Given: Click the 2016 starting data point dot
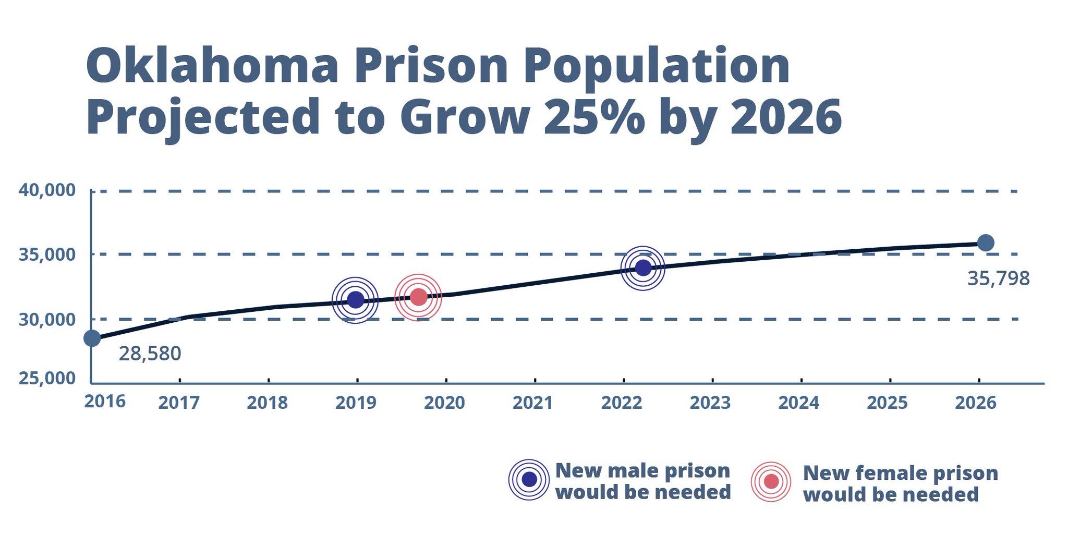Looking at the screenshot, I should [92, 338].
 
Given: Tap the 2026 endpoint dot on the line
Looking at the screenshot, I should [985, 242].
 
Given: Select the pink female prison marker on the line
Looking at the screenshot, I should [418, 297].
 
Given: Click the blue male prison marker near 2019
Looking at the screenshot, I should [355, 300].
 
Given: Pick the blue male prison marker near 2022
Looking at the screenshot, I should [643, 268].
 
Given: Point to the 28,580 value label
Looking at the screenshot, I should [150, 354].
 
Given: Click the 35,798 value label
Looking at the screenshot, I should [998, 278].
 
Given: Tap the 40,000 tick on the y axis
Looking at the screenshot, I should [47, 190].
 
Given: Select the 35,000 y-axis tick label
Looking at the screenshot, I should [47, 254].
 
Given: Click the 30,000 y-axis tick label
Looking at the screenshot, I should [47, 319].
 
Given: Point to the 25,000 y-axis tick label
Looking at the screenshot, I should [47, 378].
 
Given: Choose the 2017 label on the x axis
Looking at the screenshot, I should [179, 403].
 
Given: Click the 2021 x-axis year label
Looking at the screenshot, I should [533, 403].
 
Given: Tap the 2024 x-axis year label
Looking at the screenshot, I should [798, 403].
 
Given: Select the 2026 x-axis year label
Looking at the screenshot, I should [975, 403].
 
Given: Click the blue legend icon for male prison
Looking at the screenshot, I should [529, 480].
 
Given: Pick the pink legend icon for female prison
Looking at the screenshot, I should [771, 481].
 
